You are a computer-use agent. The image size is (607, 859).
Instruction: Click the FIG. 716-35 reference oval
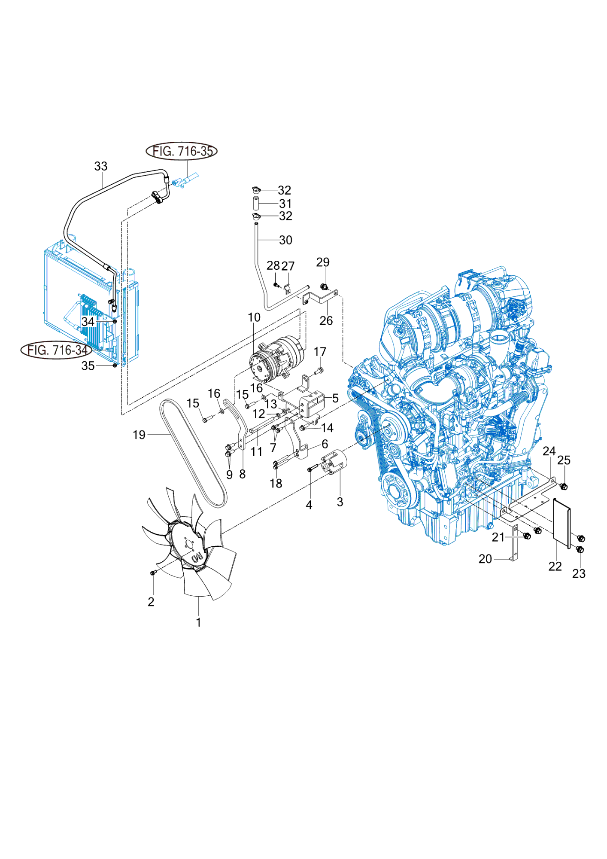(182, 151)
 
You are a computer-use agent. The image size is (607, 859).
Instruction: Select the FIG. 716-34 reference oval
(56, 350)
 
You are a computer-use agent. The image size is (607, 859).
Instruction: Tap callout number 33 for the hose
(101, 166)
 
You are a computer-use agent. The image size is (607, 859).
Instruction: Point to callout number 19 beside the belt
(139, 435)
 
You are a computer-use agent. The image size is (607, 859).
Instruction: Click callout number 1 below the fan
(199, 622)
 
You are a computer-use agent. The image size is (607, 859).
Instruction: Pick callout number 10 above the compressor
(254, 317)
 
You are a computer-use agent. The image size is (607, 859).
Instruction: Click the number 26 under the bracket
(326, 320)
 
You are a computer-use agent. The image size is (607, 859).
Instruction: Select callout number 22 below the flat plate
(555, 567)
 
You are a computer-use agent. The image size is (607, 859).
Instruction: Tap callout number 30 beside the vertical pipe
(286, 240)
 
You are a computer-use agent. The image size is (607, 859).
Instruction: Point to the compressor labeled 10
(277, 359)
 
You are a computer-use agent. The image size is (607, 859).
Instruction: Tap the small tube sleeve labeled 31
(255, 203)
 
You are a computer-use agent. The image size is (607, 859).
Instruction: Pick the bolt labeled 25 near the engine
(564, 486)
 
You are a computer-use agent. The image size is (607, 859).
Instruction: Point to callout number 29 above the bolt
(323, 262)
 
